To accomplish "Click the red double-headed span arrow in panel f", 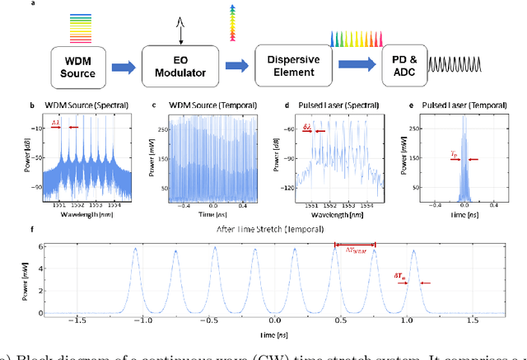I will [354, 245].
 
